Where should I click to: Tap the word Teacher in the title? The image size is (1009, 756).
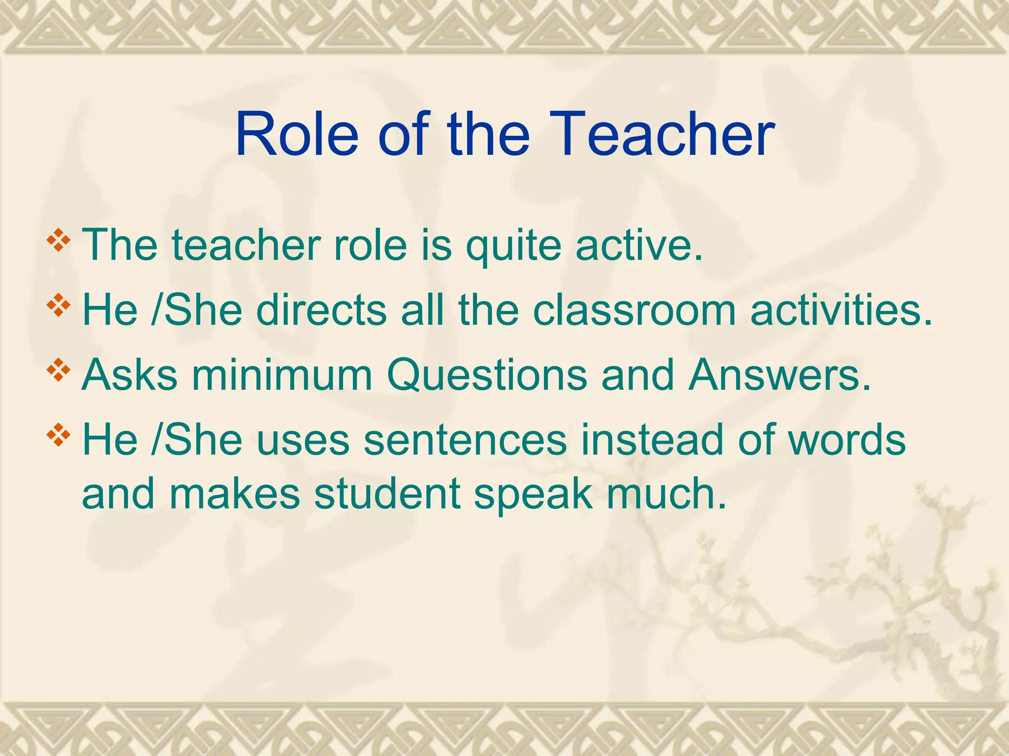pos(662,134)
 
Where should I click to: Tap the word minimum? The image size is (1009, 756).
pos(281,375)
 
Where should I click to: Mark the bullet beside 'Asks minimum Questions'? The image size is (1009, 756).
pos(58,370)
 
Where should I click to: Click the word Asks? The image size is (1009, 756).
pos(130,375)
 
